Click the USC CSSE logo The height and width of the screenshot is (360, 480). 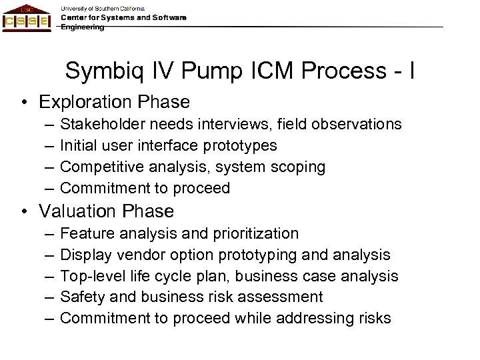pos(27,18)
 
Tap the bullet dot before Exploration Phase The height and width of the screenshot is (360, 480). pos(23,103)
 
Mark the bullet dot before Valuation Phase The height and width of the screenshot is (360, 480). pos(23,212)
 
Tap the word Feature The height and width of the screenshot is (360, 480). pos(83,234)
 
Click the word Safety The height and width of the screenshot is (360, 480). pos(79,297)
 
